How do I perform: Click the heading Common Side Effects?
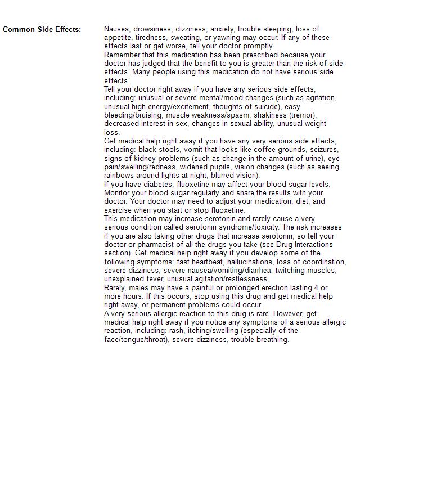click(x=42, y=29)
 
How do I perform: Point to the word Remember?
click(x=123, y=55)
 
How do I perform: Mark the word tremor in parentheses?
click(x=302, y=115)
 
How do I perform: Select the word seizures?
click(x=323, y=150)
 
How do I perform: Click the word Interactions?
click(x=313, y=245)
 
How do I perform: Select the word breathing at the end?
click(x=272, y=339)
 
